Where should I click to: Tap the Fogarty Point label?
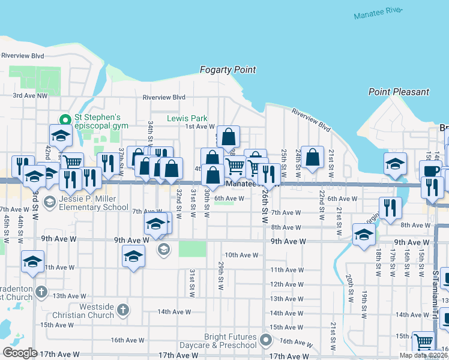[228, 70]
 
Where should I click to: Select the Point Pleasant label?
[399, 92]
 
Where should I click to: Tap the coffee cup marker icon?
[430, 170]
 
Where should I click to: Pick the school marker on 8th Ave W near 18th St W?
[363, 235]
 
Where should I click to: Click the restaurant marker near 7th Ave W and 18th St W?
[391, 208]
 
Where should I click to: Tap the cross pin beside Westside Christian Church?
[122, 310]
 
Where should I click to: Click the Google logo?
[20, 353]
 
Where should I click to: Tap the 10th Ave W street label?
[241, 255]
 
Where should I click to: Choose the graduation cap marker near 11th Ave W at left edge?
[32, 261]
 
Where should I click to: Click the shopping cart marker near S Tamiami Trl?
[424, 341]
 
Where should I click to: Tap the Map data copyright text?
[423, 356]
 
